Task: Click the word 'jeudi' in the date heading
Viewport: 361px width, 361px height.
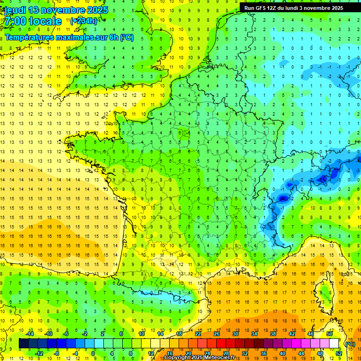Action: [14, 9]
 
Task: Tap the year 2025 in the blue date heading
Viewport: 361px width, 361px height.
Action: [97, 9]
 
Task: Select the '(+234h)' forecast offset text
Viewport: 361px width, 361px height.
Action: [84, 21]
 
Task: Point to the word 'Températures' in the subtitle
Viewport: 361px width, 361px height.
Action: [28, 37]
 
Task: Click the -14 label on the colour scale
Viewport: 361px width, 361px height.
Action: [31, 334]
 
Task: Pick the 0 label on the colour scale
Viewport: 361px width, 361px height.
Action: [93, 353]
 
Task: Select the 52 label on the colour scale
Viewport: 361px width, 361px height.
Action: [338, 353]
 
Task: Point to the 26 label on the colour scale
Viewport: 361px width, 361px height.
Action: [217, 334]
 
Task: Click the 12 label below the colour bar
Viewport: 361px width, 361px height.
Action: [151, 353]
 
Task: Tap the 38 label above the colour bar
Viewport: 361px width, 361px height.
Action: [273, 334]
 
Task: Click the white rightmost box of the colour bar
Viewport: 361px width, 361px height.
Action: [334, 344]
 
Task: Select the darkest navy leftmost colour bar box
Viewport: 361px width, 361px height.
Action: [24, 344]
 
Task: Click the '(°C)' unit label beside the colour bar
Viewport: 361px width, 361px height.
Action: [350, 344]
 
